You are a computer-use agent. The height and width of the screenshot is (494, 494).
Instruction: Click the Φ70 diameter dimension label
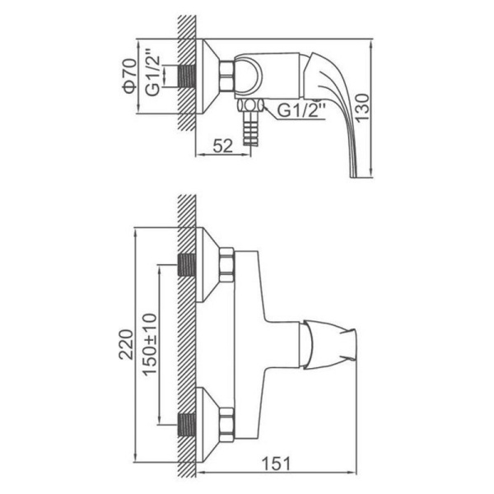pyautogui.click(x=130, y=76)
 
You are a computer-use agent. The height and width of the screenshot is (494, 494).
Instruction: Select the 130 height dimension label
pyautogui.click(x=361, y=107)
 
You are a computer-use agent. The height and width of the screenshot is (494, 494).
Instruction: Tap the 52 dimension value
pyautogui.click(x=223, y=146)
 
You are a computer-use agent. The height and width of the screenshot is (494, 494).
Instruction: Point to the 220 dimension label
pyautogui.click(x=126, y=344)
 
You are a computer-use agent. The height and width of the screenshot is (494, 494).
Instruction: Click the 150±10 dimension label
pyautogui.click(x=149, y=343)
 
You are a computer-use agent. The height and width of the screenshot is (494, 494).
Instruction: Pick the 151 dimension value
pyautogui.click(x=276, y=464)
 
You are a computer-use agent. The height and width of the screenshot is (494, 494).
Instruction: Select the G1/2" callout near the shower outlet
pyautogui.click(x=301, y=110)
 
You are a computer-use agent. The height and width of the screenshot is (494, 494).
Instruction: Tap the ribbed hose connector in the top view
pyautogui.click(x=251, y=128)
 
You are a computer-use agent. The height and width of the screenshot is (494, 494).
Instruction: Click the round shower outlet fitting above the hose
pyautogui.click(x=250, y=105)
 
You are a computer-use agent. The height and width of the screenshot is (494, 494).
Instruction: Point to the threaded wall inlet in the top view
pyautogui.click(x=187, y=77)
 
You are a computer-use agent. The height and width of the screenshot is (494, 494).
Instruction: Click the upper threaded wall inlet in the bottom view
pyautogui.click(x=187, y=264)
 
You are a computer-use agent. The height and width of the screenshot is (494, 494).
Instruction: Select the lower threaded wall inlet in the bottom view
pyautogui.click(x=187, y=424)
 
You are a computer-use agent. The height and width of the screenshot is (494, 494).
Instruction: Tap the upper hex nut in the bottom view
pyautogui.click(x=226, y=264)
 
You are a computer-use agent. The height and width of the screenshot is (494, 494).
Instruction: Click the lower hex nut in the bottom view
pyautogui.click(x=226, y=424)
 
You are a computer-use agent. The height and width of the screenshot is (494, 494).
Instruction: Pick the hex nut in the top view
pyautogui.click(x=226, y=76)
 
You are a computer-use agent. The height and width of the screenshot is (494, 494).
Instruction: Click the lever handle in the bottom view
pyautogui.click(x=328, y=344)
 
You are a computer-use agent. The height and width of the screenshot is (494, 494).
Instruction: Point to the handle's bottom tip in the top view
pyautogui.click(x=354, y=177)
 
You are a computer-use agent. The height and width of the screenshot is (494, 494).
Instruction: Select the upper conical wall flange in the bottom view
pyautogui.click(x=207, y=264)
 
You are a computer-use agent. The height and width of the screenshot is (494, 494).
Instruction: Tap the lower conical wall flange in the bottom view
pyautogui.click(x=207, y=424)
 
